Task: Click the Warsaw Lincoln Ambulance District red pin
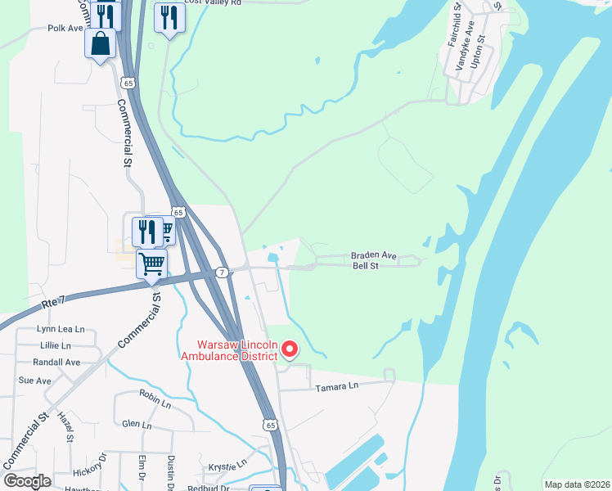(289, 350)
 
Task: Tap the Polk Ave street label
(65, 28)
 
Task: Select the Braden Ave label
(374, 255)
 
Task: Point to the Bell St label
(365, 266)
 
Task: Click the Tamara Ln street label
(336, 385)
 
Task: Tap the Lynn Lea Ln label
(61, 329)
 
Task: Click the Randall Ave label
(59, 362)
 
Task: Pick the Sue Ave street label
(35, 381)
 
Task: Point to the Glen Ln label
(137, 425)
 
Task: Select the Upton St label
(481, 49)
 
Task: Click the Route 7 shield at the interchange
(221, 272)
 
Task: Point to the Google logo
(28, 481)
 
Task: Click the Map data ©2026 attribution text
(575, 484)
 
